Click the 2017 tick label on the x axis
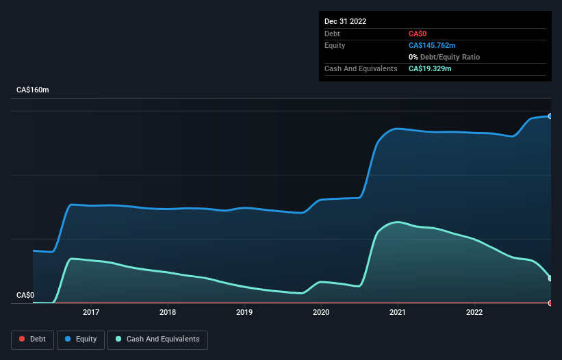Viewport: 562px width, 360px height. [91, 313]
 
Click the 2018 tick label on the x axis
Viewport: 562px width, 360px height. [168, 313]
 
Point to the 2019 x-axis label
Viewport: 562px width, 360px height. [244, 313]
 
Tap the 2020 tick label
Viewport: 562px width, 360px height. [321, 313]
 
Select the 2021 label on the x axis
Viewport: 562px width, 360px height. [398, 313]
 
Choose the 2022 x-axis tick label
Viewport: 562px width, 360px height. [474, 313]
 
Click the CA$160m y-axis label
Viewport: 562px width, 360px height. [33, 90]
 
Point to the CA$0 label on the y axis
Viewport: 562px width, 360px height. [25, 296]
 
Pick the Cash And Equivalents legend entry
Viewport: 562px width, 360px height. [157, 339]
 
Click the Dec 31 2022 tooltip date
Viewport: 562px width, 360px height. [345, 21]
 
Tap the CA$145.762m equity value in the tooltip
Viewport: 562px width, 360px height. [432, 45]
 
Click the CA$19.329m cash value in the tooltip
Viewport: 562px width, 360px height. [430, 68]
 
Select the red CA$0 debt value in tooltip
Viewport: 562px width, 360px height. [419, 34]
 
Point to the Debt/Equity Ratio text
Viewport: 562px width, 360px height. [448, 57]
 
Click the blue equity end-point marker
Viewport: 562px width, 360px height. [550, 116]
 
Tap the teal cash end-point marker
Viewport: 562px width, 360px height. [550, 278]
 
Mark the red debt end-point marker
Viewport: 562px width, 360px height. [550, 303]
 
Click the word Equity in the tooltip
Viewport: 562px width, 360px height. [335, 45]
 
